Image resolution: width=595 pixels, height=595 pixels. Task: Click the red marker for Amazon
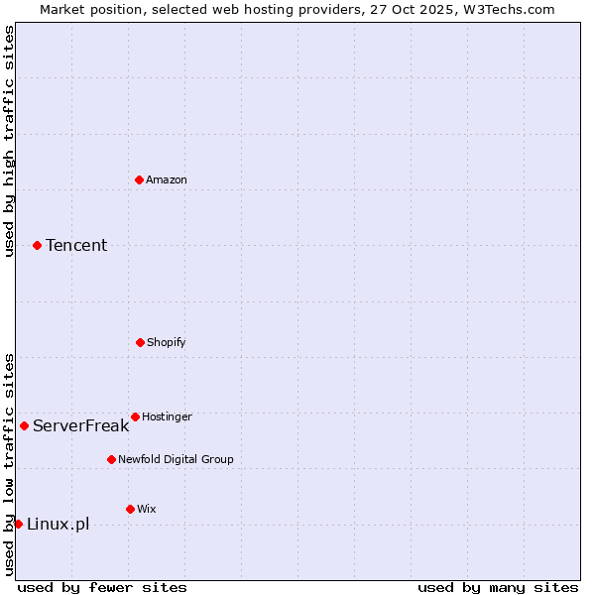click(139, 179)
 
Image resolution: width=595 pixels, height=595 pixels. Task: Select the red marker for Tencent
click(37, 245)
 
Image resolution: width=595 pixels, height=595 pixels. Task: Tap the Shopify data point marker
click(140, 342)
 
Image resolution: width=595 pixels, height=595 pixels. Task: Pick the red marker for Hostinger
click(135, 416)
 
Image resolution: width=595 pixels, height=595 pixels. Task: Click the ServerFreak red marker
click(24, 425)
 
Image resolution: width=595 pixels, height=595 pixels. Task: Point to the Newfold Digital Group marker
click(111, 459)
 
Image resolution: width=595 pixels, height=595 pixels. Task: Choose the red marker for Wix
click(130, 509)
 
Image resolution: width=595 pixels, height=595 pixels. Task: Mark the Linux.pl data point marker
click(18, 524)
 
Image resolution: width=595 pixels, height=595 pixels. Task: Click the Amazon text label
click(167, 179)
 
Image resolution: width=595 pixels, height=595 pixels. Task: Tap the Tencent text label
click(76, 245)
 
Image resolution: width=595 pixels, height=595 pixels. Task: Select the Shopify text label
click(167, 342)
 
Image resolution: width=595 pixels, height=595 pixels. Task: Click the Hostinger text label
click(167, 416)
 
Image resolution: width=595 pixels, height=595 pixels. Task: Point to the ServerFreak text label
click(80, 425)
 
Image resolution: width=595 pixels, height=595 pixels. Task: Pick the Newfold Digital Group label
click(176, 459)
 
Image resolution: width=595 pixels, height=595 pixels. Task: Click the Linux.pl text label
click(58, 524)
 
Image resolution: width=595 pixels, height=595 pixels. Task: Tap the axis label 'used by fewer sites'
click(102, 587)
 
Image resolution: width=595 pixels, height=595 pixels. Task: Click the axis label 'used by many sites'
click(498, 587)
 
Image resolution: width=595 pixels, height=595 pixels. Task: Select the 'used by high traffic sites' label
click(9, 141)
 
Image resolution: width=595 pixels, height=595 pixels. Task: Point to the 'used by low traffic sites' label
click(9, 463)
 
